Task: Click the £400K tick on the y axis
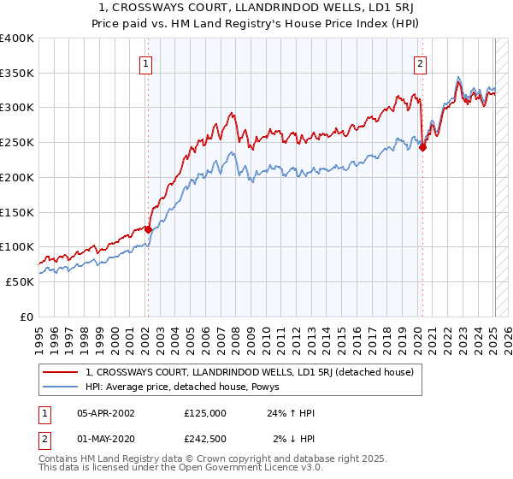click(17, 38)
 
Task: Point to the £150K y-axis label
click(17, 212)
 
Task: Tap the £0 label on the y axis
click(27, 316)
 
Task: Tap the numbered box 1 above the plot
click(147, 63)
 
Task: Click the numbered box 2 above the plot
click(421, 63)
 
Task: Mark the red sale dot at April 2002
click(148, 229)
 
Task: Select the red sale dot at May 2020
click(422, 147)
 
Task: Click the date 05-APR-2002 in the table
click(105, 413)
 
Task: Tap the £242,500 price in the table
click(204, 439)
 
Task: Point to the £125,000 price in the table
click(204, 413)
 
